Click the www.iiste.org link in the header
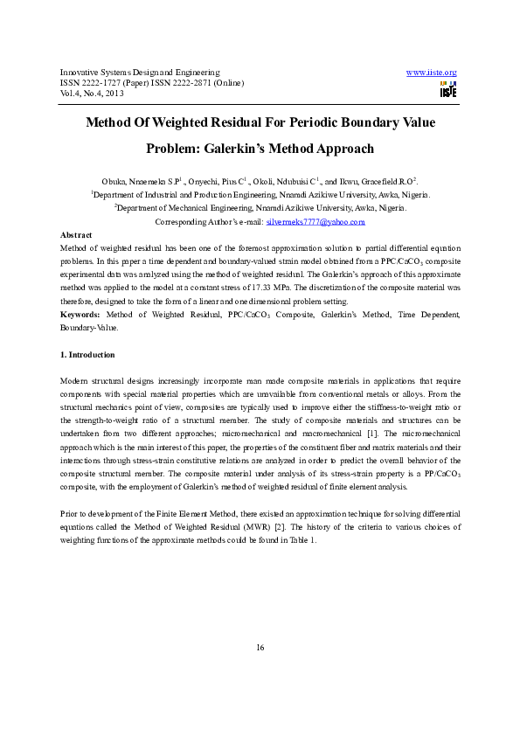point(433,72)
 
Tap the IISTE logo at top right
point(448,89)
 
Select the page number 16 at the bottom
point(260,647)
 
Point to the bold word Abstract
point(76,236)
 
